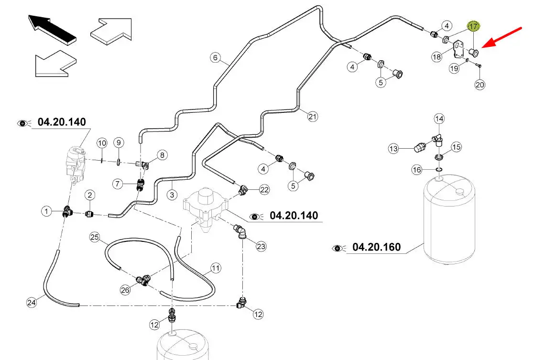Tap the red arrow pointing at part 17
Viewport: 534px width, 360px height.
(x=501, y=37)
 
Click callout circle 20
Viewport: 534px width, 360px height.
(x=480, y=85)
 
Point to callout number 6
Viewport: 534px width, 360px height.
(x=215, y=58)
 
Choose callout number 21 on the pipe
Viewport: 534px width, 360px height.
(x=312, y=116)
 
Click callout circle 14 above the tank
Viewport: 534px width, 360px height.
(x=439, y=119)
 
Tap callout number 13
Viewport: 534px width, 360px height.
(x=393, y=149)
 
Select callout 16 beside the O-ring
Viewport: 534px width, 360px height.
(x=417, y=170)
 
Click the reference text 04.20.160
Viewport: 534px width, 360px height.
(x=376, y=247)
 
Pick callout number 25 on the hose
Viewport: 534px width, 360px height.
(x=94, y=237)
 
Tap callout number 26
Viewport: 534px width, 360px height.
(x=125, y=289)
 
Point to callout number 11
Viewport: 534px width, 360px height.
(x=216, y=268)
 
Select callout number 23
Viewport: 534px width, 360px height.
(x=261, y=247)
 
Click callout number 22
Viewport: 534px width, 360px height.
(x=264, y=190)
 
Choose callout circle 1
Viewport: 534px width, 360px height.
(x=46, y=210)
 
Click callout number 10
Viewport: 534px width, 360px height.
(x=101, y=142)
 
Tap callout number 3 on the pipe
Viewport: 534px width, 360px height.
(x=172, y=195)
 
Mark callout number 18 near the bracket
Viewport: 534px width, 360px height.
(x=436, y=57)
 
